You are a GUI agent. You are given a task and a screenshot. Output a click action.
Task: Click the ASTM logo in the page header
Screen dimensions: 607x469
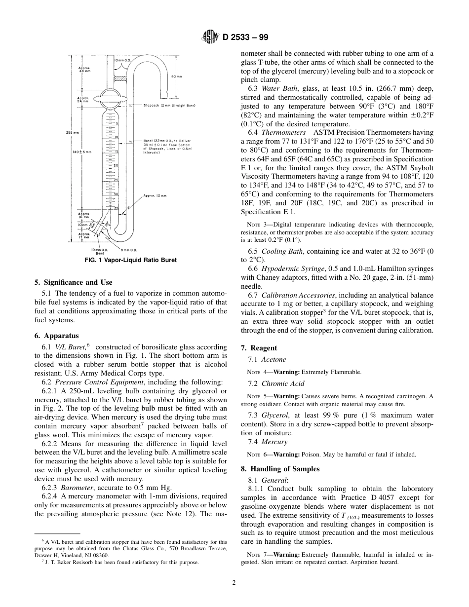click(x=210, y=37)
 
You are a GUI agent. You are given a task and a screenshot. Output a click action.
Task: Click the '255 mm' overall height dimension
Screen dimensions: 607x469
click(x=72, y=132)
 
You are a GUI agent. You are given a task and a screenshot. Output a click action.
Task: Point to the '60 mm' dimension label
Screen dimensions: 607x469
click(x=177, y=76)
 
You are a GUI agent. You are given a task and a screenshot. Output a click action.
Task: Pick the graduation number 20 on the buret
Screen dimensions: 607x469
click(x=116, y=166)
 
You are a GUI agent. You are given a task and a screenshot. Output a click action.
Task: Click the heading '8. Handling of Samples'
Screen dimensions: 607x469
click(x=280, y=468)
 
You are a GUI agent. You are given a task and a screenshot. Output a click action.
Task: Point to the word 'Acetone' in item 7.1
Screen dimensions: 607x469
click(x=274, y=359)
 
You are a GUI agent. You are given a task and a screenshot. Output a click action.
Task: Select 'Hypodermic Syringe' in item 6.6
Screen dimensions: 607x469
click(x=292, y=268)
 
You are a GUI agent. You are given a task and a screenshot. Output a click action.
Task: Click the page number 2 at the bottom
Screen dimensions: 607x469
click(x=234, y=582)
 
